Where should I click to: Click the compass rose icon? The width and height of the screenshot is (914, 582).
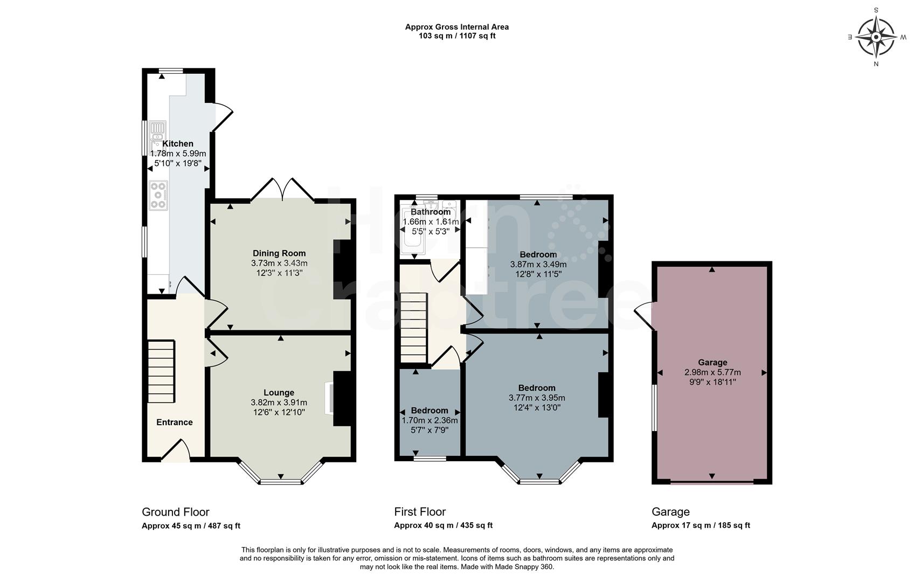click(x=876, y=37)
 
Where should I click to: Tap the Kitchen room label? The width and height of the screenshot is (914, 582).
click(x=178, y=144)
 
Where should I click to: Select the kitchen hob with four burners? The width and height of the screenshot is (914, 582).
click(x=158, y=195)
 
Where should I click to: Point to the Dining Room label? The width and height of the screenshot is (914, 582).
click(x=279, y=253)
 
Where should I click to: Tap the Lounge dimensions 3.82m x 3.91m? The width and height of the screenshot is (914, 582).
click(x=279, y=403)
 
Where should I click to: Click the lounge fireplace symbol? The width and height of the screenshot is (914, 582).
click(x=328, y=398)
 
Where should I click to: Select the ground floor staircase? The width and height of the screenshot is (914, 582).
click(x=162, y=371)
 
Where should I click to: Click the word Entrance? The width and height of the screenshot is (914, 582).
click(x=174, y=422)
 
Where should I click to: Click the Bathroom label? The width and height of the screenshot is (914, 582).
click(x=430, y=212)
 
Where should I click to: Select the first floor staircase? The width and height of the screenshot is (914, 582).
click(x=414, y=328)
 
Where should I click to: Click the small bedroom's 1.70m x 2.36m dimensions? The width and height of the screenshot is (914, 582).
click(x=430, y=420)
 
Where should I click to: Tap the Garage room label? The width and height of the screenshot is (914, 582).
click(x=712, y=363)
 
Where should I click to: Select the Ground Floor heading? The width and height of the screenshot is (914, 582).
click(x=175, y=512)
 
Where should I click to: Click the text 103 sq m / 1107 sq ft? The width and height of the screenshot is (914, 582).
click(x=456, y=36)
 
